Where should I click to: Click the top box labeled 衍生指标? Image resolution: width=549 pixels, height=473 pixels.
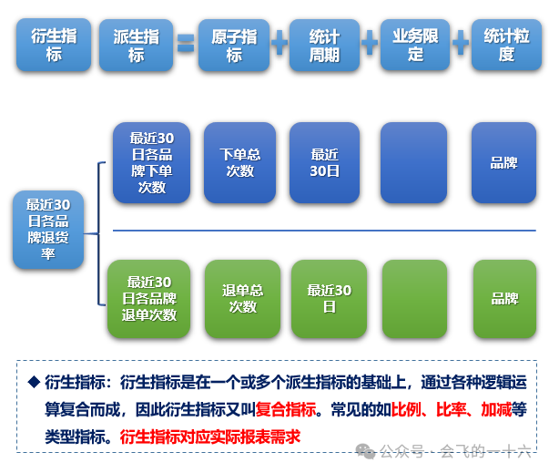[x=53, y=45]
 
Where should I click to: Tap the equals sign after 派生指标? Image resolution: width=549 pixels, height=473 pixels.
[x=186, y=44]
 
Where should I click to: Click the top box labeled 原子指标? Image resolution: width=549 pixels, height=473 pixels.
[x=234, y=45]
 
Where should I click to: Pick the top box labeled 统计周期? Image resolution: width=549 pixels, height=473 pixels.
[x=324, y=45]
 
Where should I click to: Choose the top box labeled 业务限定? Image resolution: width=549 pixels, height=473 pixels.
[x=415, y=45]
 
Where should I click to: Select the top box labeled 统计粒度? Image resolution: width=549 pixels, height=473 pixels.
[x=506, y=45]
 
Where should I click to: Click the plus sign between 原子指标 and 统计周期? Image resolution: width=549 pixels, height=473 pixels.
[x=280, y=43]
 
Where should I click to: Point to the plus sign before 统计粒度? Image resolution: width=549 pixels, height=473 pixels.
[x=461, y=43]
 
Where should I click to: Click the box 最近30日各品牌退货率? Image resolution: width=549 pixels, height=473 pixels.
[x=48, y=229]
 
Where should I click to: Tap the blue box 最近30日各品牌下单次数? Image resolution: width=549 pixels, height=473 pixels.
[x=151, y=162]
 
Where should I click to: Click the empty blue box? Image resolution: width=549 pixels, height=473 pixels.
[x=413, y=162]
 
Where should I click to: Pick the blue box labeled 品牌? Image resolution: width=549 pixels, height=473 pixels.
[x=503, y=162]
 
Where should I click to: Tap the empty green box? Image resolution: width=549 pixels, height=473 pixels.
[x=414, y=299]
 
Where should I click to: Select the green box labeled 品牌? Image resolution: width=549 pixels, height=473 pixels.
[x=504, y=299]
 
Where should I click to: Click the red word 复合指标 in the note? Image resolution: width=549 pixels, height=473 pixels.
[x=286, y=409]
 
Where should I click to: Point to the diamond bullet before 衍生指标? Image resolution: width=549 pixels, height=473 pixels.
[x=35, y=382]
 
